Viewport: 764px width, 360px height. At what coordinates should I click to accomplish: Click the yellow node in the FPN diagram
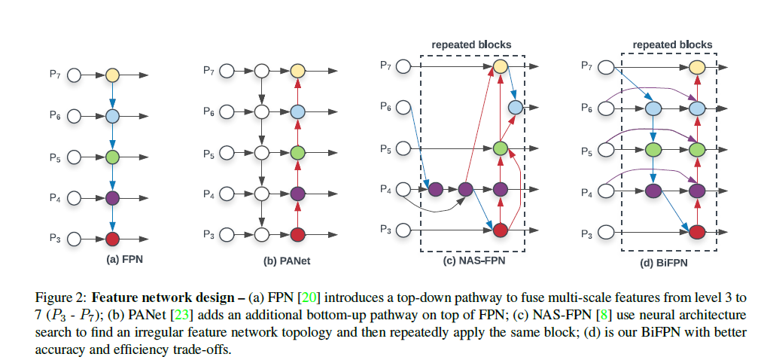coord(112,75)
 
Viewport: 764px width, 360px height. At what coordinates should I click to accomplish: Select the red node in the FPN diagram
coord(112,239)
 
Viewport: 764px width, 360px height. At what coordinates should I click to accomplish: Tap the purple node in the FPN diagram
coord(112,199)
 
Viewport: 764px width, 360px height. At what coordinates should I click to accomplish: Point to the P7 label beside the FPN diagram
coord(55,75)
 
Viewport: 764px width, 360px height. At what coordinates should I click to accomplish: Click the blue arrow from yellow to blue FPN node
coord(112,96)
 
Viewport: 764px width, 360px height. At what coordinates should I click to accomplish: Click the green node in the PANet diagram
coord(297,154)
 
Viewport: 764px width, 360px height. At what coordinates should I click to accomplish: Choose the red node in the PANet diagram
coord(297,234)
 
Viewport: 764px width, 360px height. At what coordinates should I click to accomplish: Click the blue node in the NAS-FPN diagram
coord(515,108)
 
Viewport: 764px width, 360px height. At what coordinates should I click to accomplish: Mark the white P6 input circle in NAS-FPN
coord(403,108)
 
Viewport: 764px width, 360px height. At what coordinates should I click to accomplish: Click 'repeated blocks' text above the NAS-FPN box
coord(471,44)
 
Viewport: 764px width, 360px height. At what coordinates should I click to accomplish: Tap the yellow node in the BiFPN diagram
coord(697,69)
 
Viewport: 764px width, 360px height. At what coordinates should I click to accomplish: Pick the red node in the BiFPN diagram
coord(697,230)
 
